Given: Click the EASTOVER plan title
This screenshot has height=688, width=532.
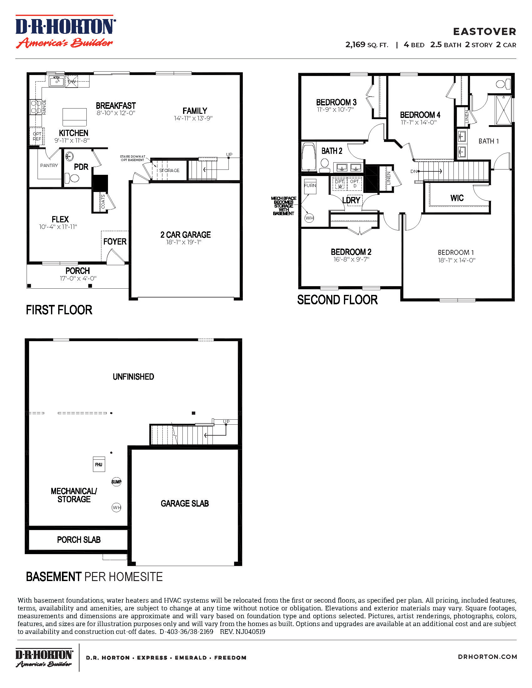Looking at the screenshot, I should [x=484, y=32].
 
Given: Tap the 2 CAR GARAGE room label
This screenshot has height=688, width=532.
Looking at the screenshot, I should [x=185, y=235].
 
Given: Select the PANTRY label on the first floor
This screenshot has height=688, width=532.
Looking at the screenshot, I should [x=49, y=165].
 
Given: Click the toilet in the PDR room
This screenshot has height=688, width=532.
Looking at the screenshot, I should [x=72, y=178].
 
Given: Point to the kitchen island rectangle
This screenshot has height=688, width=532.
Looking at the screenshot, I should [x=74, y=117].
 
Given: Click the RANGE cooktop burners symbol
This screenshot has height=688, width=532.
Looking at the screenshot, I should [x=35, y=107].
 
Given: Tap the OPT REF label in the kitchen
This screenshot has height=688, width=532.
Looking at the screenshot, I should [x=37, y=136].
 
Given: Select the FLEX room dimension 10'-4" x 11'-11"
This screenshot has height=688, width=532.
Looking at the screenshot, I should [x=58, y=227].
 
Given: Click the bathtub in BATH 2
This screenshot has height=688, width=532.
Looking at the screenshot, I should [x=309, y=157].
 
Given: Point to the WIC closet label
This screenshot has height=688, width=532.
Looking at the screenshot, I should [x=457, y=198].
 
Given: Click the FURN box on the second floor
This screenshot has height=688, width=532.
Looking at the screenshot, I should [x=310, y=186].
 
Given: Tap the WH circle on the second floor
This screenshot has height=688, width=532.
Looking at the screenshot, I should [x=309, y=218].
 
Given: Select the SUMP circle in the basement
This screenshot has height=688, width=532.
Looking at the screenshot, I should [x=116, y=482].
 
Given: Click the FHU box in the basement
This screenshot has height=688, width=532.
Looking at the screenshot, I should [x=99, y=464].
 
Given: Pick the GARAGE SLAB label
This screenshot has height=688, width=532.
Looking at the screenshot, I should [x=185, y=503].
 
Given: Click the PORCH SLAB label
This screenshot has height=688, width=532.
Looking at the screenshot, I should [x=79, y=540].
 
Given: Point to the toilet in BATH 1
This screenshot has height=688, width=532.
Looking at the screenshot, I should [x=503, y=84].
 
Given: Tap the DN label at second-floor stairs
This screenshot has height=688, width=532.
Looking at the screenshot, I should [x=413, y=171].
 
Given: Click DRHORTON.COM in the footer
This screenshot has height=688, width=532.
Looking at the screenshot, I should [x=487, y=657].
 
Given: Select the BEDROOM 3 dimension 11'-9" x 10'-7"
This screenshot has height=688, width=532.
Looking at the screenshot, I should [x=335, y=110].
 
